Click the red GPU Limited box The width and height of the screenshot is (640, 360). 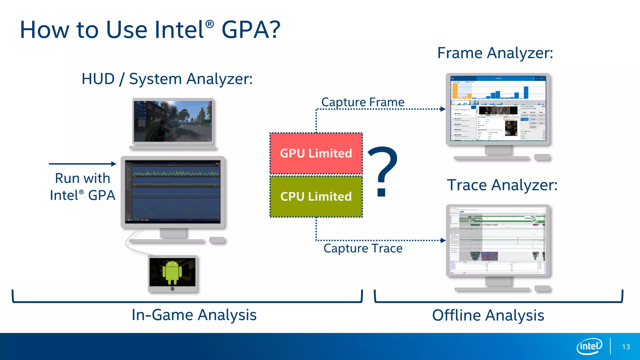316,153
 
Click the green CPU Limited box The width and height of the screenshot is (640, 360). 316,197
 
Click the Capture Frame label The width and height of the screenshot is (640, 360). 363,102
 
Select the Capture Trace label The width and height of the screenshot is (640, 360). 363,248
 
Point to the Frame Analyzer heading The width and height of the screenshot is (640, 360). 495,53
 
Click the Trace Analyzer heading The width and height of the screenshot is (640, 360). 502,185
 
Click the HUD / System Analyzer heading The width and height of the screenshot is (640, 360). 167,79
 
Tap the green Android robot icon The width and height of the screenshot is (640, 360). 172,272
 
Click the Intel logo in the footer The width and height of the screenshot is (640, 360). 589,346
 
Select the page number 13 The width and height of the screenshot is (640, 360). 626,347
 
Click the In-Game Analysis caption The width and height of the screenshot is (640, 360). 194,315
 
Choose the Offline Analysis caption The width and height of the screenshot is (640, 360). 488,315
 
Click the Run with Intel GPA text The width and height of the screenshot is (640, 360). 82,187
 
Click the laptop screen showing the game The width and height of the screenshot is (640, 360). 173,121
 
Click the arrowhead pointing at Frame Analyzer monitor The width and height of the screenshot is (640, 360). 443,109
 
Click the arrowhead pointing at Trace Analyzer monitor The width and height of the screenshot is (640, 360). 443,240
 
